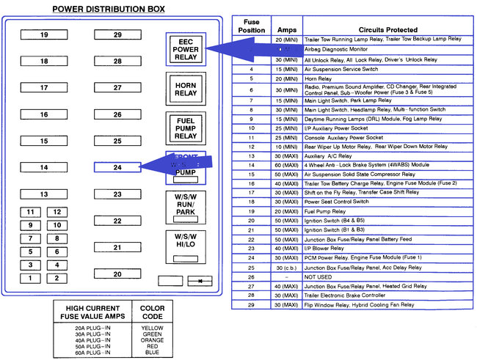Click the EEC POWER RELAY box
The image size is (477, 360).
186,48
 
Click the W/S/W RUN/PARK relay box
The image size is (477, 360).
186,206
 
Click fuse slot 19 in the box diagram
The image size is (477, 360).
44,35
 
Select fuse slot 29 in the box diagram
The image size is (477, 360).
117,35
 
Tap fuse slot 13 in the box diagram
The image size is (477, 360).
44,194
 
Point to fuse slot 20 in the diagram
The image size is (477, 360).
117,273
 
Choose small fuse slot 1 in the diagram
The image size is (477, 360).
30,278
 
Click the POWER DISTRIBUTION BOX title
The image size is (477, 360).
109,10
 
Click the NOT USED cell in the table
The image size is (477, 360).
318,277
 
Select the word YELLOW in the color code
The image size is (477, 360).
151,328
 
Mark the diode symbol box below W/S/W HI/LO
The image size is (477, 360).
199,280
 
